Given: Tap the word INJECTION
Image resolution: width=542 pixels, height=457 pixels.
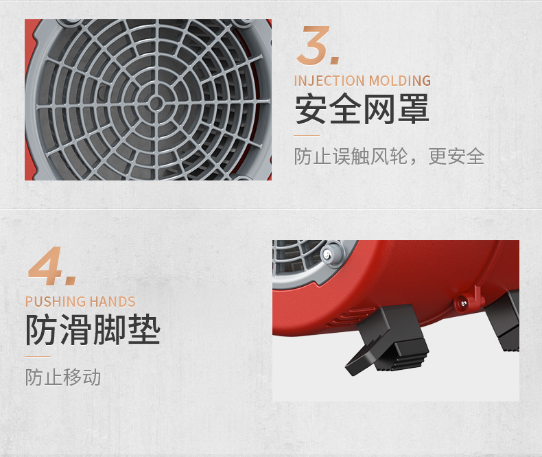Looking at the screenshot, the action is [x=329, y=81].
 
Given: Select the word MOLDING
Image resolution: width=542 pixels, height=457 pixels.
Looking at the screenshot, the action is [x=399, y=81].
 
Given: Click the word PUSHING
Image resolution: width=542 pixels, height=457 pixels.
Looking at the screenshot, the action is [x=54, y=302].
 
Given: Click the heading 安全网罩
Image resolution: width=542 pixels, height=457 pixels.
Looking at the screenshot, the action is [x=362, y=109].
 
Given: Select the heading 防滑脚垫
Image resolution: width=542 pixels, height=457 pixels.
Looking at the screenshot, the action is [x=93, y=329].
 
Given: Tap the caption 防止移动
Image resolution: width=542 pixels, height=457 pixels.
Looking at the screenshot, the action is [x=63, y=377].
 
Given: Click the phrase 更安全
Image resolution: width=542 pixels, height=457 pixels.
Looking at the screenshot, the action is [x=456, y=156].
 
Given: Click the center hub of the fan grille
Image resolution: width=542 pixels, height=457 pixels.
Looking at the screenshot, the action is [x=156, y=103].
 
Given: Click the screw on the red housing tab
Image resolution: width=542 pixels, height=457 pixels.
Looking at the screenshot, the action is [x=462, y=303].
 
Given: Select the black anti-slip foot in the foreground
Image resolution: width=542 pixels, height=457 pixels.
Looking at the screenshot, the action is [x=387, y=340].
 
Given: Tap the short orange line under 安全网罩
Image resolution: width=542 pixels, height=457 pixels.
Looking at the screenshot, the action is [x=307, y=135].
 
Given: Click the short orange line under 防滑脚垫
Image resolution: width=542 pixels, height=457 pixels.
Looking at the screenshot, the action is [x=38, y=356].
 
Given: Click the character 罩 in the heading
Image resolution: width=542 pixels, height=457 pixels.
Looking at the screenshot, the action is [x=414, y=109].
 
